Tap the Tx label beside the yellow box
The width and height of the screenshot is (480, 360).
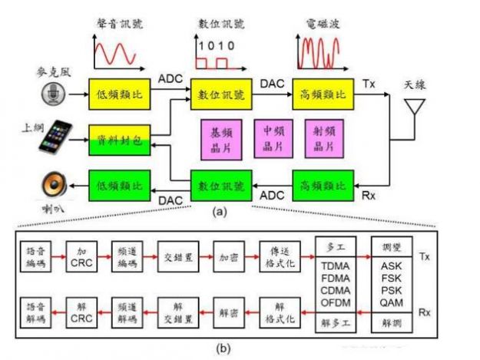click(x=368, y=81)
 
